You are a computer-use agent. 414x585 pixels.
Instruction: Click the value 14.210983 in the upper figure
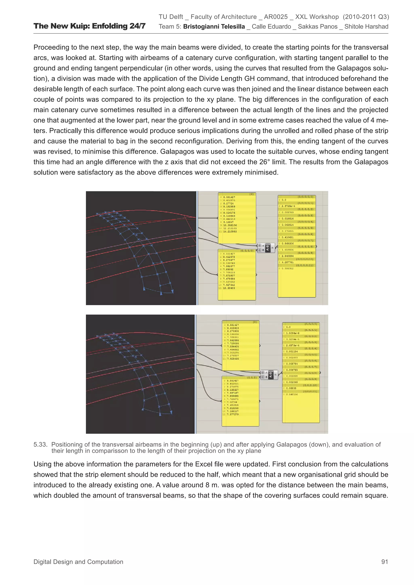(x=230, y=232)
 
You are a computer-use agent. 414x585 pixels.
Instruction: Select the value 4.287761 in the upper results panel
(x=287, y=262)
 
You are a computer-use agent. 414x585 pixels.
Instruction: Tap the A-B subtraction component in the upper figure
(x=267, y=248)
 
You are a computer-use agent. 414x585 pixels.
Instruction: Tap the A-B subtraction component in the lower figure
(x=271, y=375)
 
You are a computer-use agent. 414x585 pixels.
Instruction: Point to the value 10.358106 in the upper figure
(x=230, y=225)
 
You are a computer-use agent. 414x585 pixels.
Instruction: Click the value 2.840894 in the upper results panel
(x=287, y=256)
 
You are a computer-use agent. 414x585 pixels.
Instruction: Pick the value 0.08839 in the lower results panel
(x=291, y=388)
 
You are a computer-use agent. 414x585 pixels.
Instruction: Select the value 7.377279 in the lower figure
(x=233, y=414)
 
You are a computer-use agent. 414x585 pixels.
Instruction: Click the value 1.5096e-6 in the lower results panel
(x=293, y=333)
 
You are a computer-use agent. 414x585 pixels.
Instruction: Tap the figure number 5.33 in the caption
(x=40, y=445)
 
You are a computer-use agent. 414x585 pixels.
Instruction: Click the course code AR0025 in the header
(x=276, y=17)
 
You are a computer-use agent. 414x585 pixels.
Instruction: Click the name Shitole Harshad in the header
(x=366, y=26)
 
